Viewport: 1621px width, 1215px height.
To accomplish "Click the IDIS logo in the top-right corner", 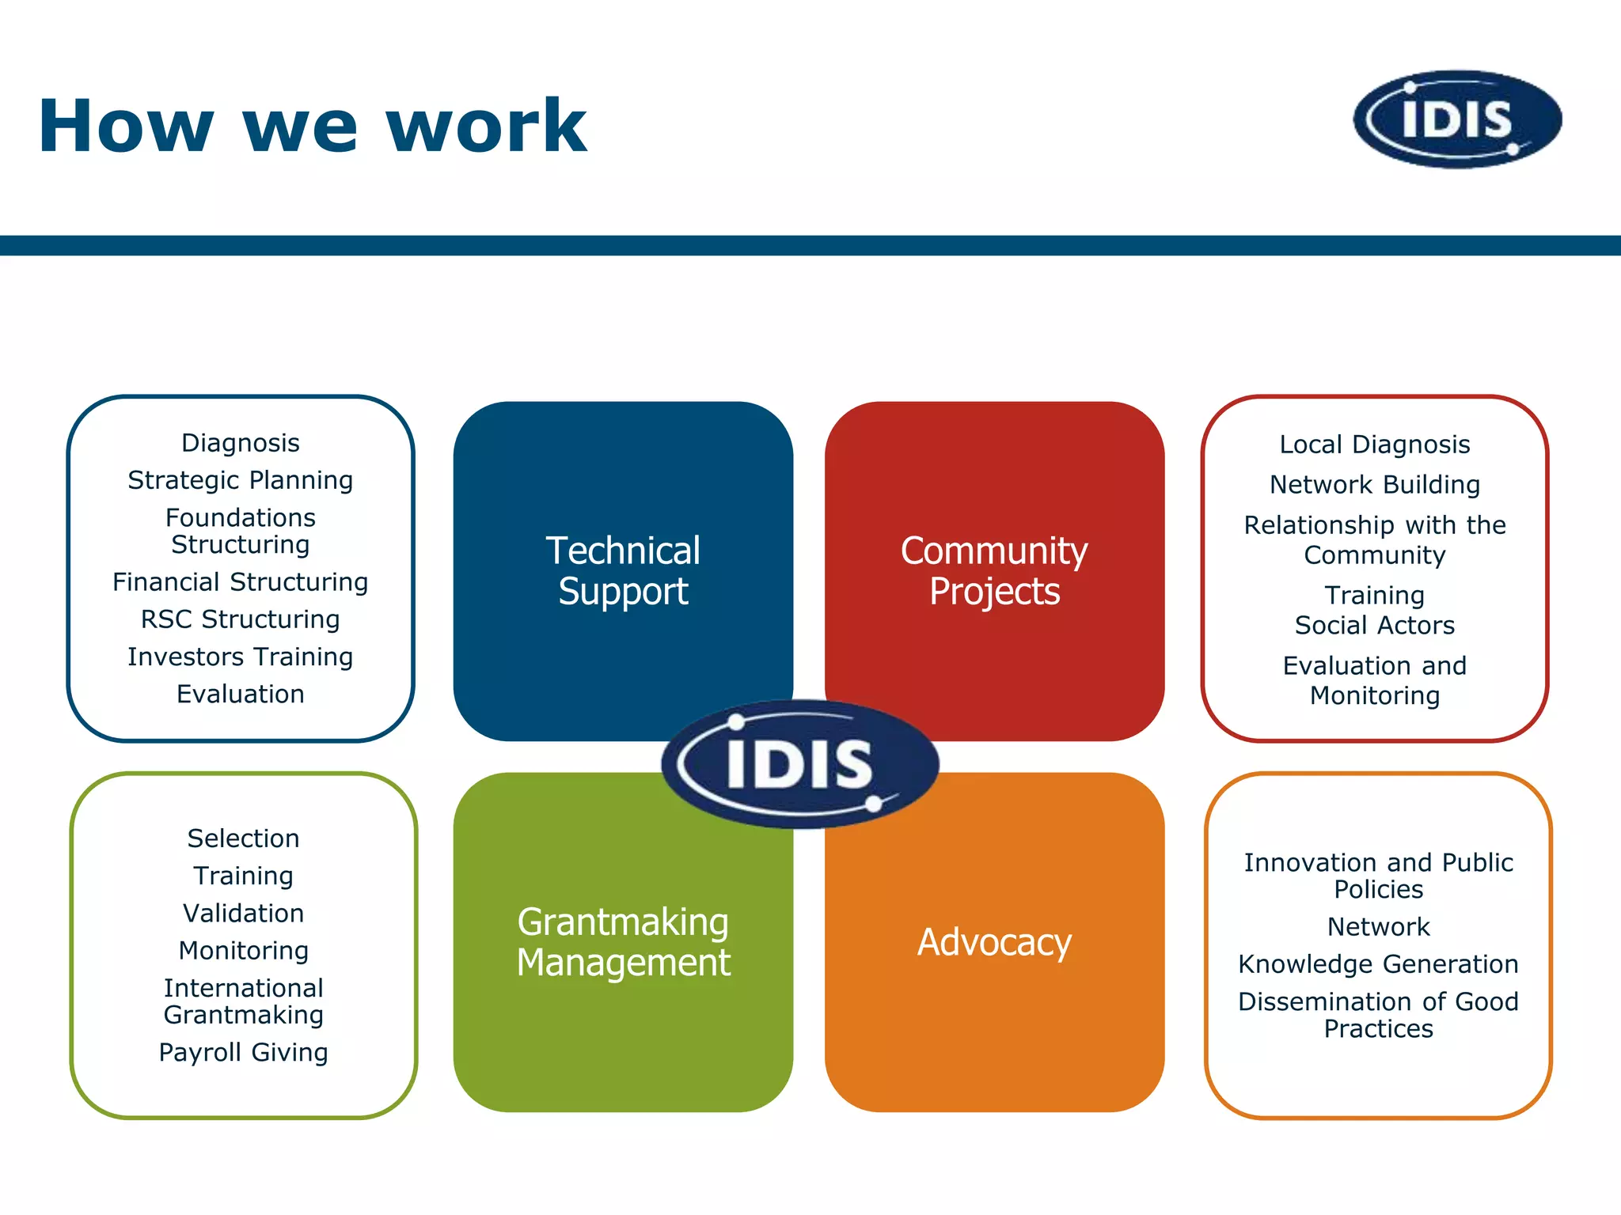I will (x=1457, y=119).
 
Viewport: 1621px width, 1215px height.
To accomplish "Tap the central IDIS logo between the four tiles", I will (x=799, y=763).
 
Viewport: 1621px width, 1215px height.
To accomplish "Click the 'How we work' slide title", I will (x=312, y=127).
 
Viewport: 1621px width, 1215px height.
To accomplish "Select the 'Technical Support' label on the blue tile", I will (x=623, y=570).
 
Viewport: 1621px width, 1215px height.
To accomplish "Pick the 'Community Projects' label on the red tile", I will (x=994, y=570).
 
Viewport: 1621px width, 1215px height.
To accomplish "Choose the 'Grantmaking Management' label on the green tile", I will (x=623, y=942).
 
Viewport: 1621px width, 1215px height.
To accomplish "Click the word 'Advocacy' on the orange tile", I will (x=994, y=942).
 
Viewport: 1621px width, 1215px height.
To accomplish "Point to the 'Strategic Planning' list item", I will (x=241, y=480).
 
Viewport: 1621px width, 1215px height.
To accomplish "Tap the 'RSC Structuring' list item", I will (x=241, y=619).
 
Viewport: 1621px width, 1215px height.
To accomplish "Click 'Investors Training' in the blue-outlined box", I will (x=241, y=657).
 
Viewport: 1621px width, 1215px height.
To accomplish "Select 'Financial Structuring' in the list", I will (x=241, y=582).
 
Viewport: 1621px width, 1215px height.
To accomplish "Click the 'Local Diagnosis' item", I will (x=1375, y=445).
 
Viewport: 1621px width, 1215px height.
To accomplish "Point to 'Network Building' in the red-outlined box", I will (x=1375, y=484).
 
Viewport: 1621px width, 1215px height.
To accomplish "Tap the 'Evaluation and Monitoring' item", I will (x=1375, y=680).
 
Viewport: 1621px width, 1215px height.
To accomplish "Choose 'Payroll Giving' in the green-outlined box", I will (x=244, y=1052).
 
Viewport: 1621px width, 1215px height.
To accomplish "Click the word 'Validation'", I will (x=244, y=914).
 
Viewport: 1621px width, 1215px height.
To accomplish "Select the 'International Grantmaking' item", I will (x=244, y=1001).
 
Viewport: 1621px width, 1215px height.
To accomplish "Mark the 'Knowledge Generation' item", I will (x=1378, y=964).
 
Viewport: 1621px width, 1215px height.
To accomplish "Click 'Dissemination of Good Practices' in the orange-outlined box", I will (x=1378, y=1015).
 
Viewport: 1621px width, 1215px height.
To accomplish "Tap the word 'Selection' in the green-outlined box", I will (x=244, y=838).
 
